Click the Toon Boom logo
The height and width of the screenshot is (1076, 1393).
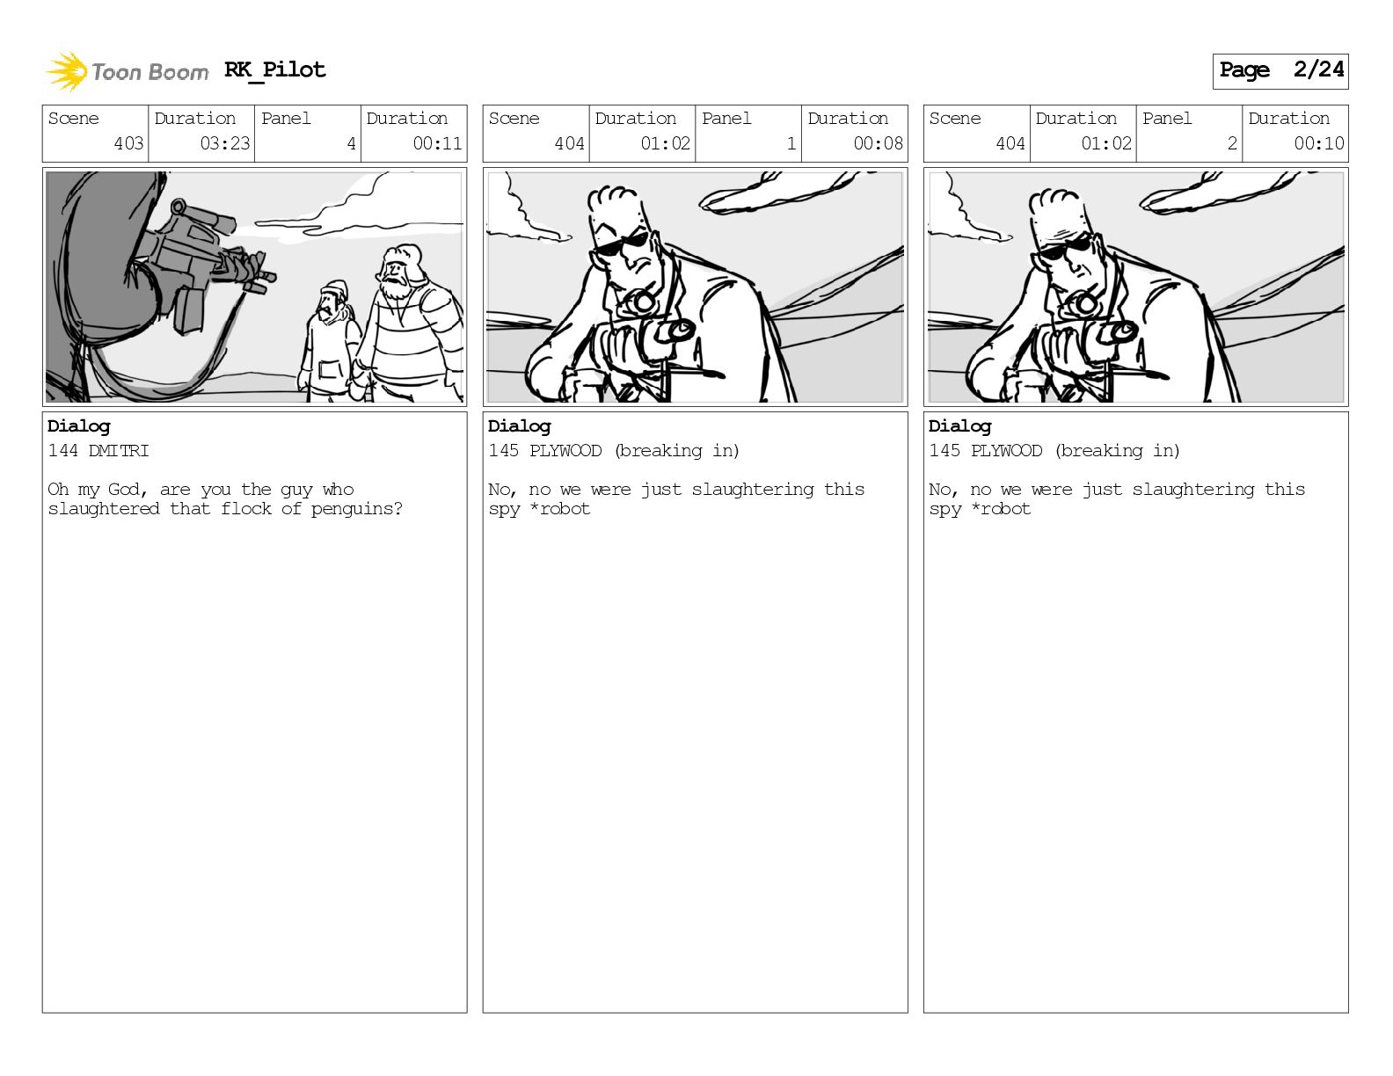point(127,72)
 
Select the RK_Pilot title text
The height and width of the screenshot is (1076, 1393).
point(275,69)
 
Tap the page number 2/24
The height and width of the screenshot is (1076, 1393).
point(1318,69)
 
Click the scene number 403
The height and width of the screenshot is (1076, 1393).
point(128,143)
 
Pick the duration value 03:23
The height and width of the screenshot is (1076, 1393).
point(224,143)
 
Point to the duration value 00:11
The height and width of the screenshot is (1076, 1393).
point(437,143)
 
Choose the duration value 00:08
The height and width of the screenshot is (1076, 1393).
point(878,143)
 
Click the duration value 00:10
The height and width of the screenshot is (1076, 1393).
point(1318,143)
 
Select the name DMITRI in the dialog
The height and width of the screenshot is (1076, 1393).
point(119,450)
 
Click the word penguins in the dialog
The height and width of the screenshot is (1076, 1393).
point(356,510)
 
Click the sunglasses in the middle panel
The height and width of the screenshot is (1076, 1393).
point(621,244)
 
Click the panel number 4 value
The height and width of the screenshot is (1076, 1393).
point(351,143)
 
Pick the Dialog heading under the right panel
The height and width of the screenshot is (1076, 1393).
point(959,427)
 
